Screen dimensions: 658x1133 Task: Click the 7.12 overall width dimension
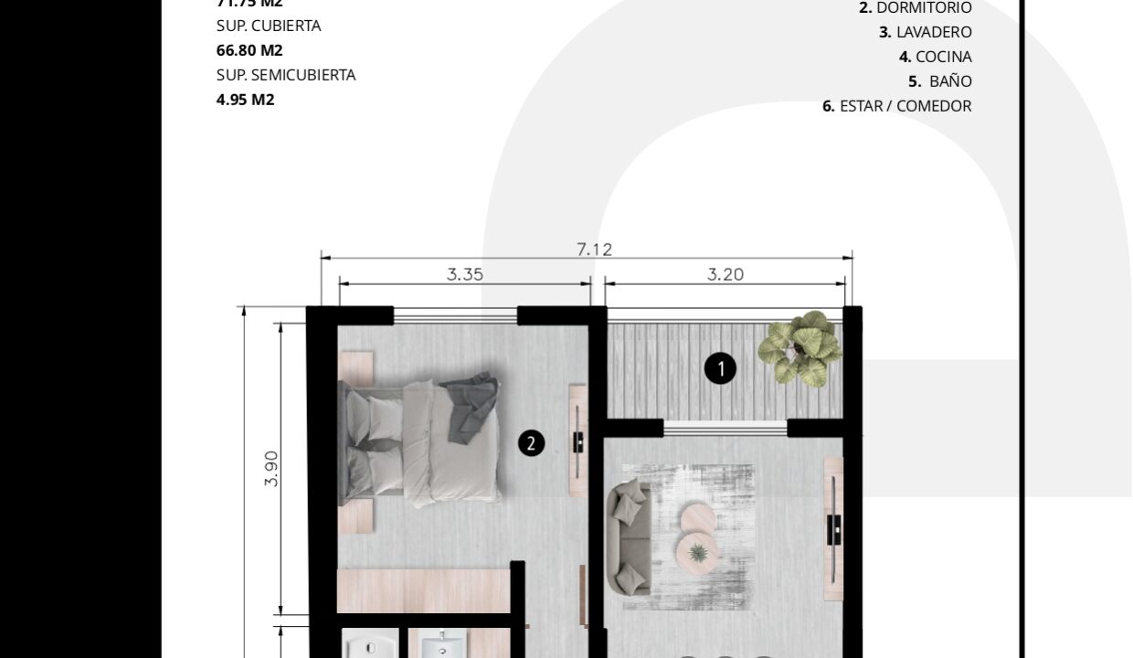pos(594,249)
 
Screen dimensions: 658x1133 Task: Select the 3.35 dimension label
pos(464,273)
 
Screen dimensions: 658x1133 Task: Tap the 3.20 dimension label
pos(725,273)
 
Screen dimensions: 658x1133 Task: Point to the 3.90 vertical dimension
pos(271,468)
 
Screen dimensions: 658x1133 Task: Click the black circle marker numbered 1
pos(720,369)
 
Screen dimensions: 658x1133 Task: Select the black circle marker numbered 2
pos(531,443)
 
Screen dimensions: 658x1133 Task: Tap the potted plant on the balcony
pos(801,348)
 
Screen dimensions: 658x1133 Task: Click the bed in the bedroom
pos(420,441)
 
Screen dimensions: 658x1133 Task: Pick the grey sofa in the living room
pos(630,537)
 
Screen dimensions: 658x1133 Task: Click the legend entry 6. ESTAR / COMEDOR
pos(896,106)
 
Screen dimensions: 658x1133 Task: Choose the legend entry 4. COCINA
pos(935,57)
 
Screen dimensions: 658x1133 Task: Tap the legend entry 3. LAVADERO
pos(925,32)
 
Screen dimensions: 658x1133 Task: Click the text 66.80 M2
pos(249,50)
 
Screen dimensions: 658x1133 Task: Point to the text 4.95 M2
pos(245,100)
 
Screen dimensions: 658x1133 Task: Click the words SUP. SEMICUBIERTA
pos(286,75)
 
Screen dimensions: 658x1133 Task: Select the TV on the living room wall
pos(833,529)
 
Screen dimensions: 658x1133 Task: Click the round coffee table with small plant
pos(698,551)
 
